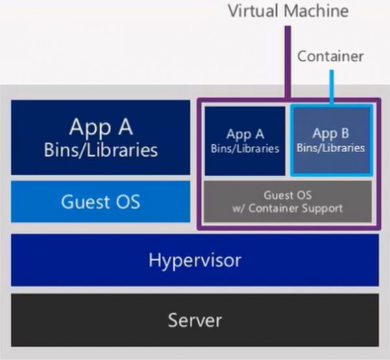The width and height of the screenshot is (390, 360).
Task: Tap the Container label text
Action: pos(330,57)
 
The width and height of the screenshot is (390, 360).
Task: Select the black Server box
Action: pos(195,320)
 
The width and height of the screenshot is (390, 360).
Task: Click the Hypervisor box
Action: pos(195,261)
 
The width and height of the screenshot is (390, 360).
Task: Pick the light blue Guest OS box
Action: pos(101,201)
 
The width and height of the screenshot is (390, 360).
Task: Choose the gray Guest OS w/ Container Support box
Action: pos(288,201)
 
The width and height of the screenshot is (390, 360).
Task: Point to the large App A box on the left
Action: pos(101,137)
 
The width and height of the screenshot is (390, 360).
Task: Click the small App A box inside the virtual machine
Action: pos(245,141)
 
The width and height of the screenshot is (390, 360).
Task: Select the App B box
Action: pos(331,140)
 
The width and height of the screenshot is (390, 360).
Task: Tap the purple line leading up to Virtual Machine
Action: pos(287,58)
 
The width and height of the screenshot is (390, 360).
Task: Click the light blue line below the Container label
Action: pos(331,88)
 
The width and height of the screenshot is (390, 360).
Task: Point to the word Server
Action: pos(195,320)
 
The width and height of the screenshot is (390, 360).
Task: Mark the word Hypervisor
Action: pos(195,261)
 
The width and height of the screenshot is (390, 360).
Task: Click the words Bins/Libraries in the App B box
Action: pos(331,148)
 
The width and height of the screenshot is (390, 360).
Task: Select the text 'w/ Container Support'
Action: pos(288,208)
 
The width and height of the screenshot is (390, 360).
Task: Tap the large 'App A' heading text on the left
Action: pos(101,127)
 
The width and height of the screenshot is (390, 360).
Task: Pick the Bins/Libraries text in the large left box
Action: pos(101,150)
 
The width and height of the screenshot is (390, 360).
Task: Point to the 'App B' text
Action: pos(331,134)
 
